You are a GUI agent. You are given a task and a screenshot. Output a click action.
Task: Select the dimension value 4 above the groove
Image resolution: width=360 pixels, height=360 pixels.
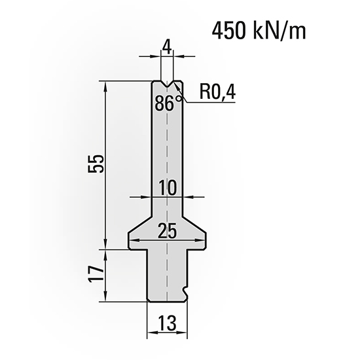click(168, 48)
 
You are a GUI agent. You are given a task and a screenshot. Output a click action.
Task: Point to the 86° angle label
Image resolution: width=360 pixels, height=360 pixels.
click(168, 103)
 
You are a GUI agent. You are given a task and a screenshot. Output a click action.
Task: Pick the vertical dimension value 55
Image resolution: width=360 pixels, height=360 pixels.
click(96, 164)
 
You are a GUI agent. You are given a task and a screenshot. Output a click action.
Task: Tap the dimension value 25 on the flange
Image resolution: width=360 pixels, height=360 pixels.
click(168, 231)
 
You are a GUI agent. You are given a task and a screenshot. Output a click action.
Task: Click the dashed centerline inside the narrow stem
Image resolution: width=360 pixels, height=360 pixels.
click(168, 151)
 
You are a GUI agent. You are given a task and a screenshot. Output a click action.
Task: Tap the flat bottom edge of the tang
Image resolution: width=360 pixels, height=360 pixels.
click(166, 302)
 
